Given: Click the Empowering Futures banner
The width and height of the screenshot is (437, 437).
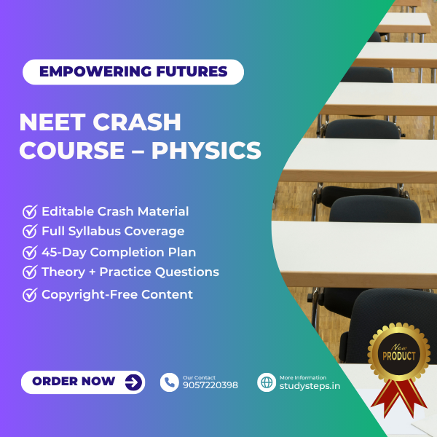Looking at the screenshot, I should tap(133, 71).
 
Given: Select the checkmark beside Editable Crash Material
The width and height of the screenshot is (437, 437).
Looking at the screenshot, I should tap(30, 212).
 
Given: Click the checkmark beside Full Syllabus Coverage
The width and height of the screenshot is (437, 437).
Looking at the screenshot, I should tap(30, 232).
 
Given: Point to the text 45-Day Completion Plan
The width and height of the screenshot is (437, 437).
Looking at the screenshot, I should tap(119, 252).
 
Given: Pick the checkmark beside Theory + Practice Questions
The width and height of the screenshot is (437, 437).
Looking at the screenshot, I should tap(30, 272).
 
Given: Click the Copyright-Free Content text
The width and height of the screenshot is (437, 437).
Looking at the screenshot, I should tap(117, 294).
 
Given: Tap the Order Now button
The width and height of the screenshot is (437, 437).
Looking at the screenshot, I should tap(83, 382).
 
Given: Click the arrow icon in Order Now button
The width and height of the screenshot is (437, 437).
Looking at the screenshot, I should tap(133, 382).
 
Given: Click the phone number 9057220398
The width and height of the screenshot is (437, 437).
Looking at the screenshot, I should tap(210, 385).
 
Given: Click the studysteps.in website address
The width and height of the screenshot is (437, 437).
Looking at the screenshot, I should tap(310, 385).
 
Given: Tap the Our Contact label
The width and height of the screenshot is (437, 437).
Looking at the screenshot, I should tap(199, 377).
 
